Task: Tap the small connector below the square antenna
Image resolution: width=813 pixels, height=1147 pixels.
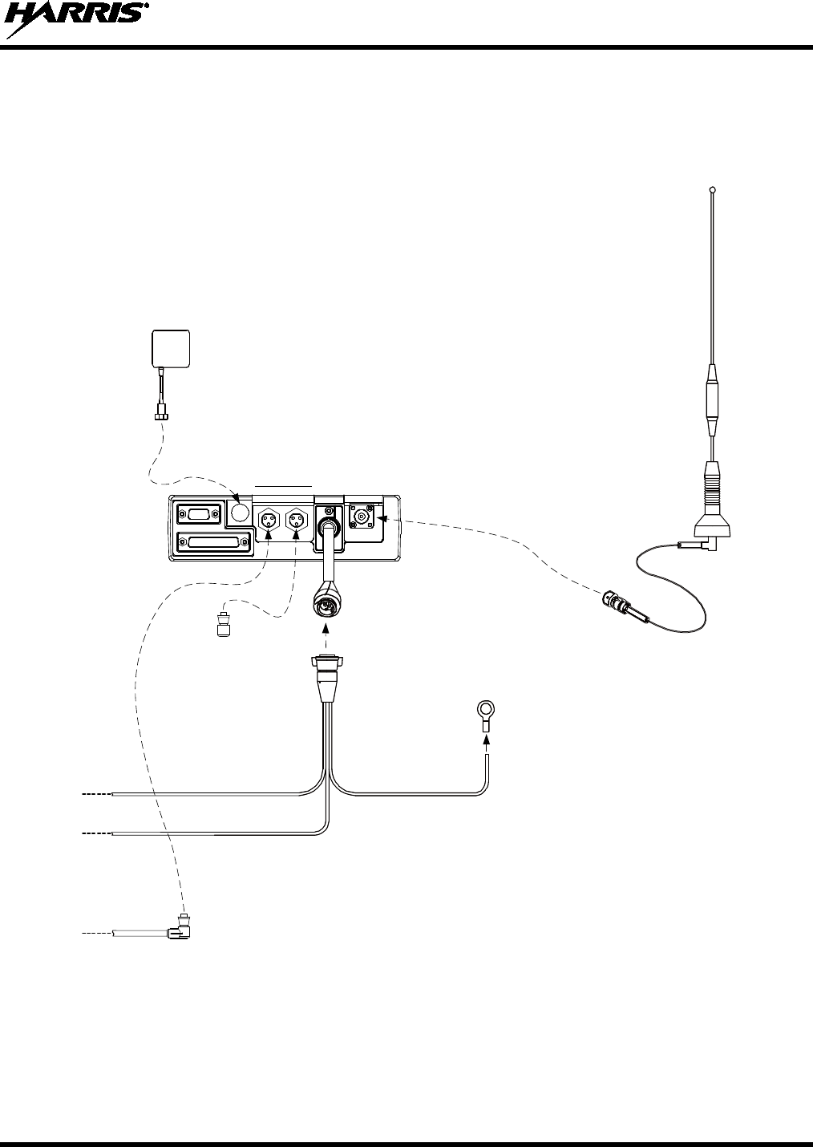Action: (x=163, y=413)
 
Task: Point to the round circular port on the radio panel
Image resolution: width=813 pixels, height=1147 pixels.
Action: (x=239, y=511)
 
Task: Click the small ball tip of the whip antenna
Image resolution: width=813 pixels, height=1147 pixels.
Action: (x=713, y=190)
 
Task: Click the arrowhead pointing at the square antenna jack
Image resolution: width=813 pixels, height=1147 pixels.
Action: (x=382, y=519)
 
